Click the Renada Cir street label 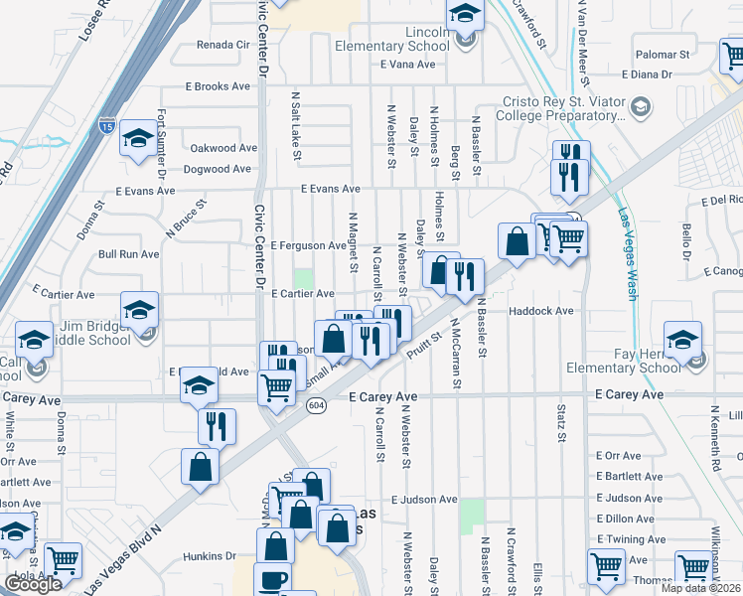pos(223,45)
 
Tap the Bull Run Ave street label pos(128,254)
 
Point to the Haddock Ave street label pos(541,311)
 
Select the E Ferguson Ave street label pos(309,244)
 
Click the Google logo pos(33,583)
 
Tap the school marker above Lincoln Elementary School pos(464,15)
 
